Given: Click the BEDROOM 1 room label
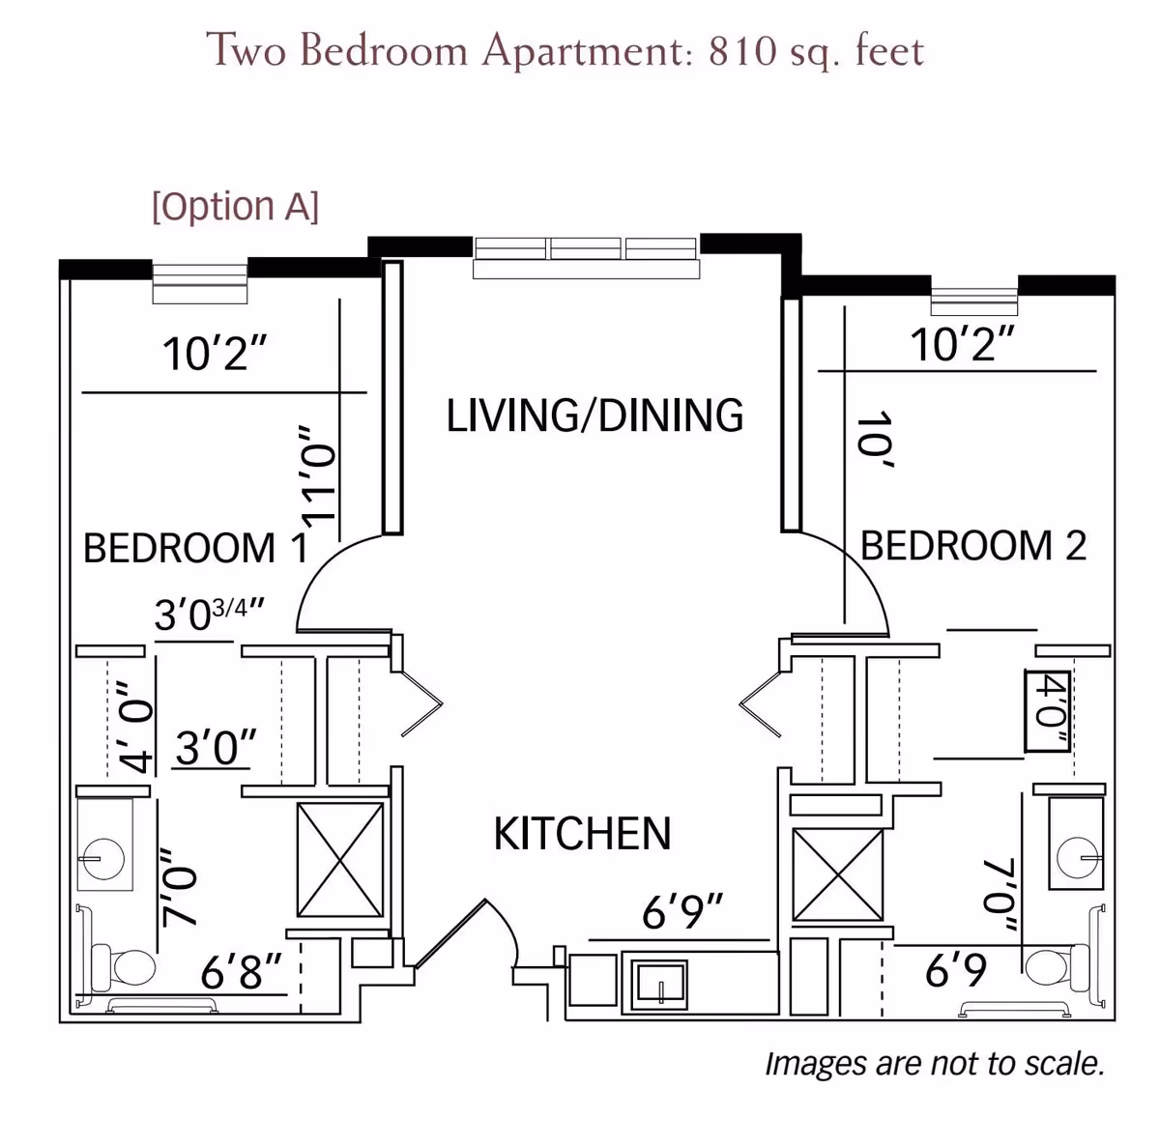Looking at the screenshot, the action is [196, 548].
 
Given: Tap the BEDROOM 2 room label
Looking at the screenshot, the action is [973, 545].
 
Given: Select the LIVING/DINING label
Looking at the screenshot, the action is [594, 415].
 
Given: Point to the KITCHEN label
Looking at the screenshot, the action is [582, 834].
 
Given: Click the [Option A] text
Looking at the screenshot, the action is [235, 207].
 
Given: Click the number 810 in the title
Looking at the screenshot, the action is [742, 50].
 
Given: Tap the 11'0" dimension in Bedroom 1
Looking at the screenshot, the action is [317, 475].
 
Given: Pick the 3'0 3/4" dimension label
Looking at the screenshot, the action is [209, 614].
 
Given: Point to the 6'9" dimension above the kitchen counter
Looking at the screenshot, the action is [681, 912].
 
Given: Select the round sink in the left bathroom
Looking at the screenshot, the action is [103, 858].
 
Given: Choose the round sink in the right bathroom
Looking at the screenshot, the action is [1078, 856].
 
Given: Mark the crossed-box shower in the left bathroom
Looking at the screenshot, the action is [340, 860].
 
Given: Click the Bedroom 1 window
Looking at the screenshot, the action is [200, 282].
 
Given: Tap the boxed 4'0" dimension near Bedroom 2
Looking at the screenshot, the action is [1048, 711].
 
